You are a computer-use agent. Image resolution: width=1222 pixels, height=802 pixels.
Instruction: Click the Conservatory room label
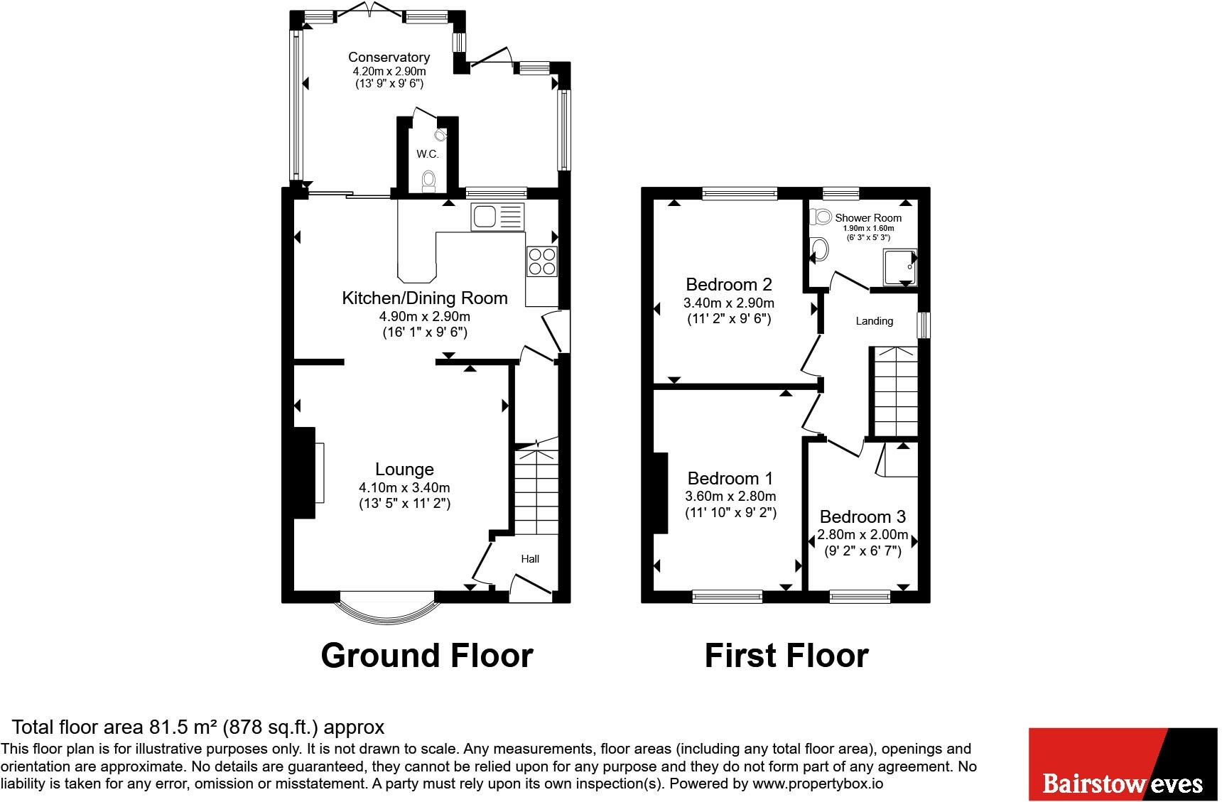tap(389, 57)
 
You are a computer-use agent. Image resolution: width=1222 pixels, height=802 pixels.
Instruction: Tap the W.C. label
tap(427, 153)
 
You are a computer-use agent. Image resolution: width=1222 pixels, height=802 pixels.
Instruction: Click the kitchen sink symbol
tap(496, 217)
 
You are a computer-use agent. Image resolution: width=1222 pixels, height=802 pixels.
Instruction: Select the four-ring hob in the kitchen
tap(542, 261)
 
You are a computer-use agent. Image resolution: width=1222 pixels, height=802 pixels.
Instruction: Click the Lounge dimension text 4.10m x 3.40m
tap(404, 487)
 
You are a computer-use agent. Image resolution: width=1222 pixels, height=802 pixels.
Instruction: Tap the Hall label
tap(530, 558)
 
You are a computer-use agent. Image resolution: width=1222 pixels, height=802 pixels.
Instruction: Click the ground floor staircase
tap(536, 490)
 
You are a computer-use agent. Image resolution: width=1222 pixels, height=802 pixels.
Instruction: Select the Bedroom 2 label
tap(729, 284)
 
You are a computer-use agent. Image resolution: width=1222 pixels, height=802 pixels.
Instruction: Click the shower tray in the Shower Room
tap(899, 267)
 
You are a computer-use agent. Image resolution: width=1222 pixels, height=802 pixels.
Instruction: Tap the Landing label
tap(874, 321)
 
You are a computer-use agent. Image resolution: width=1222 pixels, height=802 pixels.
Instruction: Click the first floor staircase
tap(894, 391)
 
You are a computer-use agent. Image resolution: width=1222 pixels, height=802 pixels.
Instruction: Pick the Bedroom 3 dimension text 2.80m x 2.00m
tap(863, 534)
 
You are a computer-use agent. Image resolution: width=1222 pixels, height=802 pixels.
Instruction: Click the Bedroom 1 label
tap(730, 478)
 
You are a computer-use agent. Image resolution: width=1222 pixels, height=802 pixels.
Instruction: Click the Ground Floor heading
tap(426, 655)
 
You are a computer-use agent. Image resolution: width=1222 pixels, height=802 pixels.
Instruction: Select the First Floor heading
tap(786, 655)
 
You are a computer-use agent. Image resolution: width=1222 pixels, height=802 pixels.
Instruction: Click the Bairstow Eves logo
tap(1123, 764)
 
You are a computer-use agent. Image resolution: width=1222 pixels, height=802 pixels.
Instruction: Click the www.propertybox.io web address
tap(817, 784)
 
